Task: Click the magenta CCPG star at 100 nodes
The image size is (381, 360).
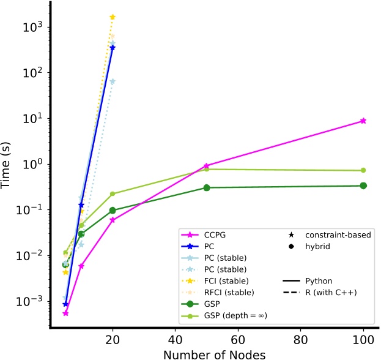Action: pos(363,121)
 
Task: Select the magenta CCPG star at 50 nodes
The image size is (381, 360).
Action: pos(207,166)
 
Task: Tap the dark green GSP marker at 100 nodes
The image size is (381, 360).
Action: pos(363,186)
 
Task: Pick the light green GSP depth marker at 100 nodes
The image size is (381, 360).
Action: pos(363,170)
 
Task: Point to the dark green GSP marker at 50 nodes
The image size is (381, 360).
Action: pos(207,188)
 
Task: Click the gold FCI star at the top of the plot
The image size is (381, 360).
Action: pos(113,17)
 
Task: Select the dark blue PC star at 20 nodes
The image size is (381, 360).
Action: pos(113,47)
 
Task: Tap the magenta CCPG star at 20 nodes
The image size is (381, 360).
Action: pos(113,220)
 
